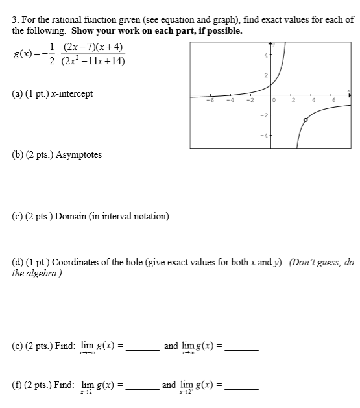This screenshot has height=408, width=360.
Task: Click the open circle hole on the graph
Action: coord(306,120)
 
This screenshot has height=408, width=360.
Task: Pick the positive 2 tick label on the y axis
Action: coord(265,77)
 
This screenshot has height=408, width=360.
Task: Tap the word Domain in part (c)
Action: coord(70,216)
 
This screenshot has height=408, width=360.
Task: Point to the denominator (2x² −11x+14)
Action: coord(93,62)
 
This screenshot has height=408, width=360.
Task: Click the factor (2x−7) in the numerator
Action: coord(80,48)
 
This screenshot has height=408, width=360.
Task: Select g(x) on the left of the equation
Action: coord(24,54)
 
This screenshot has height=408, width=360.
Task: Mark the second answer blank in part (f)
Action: coord(241,388)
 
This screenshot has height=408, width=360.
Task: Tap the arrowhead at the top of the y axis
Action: coord(272,45)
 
